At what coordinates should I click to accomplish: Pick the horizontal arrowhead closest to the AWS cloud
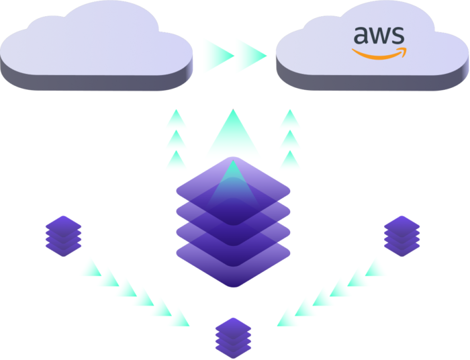(x=254, y=53)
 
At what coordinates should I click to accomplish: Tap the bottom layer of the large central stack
(x=232, y=259)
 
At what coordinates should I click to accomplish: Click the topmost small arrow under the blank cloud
(x=176, y=118)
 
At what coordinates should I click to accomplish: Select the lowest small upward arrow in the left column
(x=176, y=159)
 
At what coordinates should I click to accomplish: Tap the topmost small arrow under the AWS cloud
(x=289, y=118)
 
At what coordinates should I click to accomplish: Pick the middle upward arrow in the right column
(x=289, y=138)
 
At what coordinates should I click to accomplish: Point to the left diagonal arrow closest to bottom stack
(x=180, y=317)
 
